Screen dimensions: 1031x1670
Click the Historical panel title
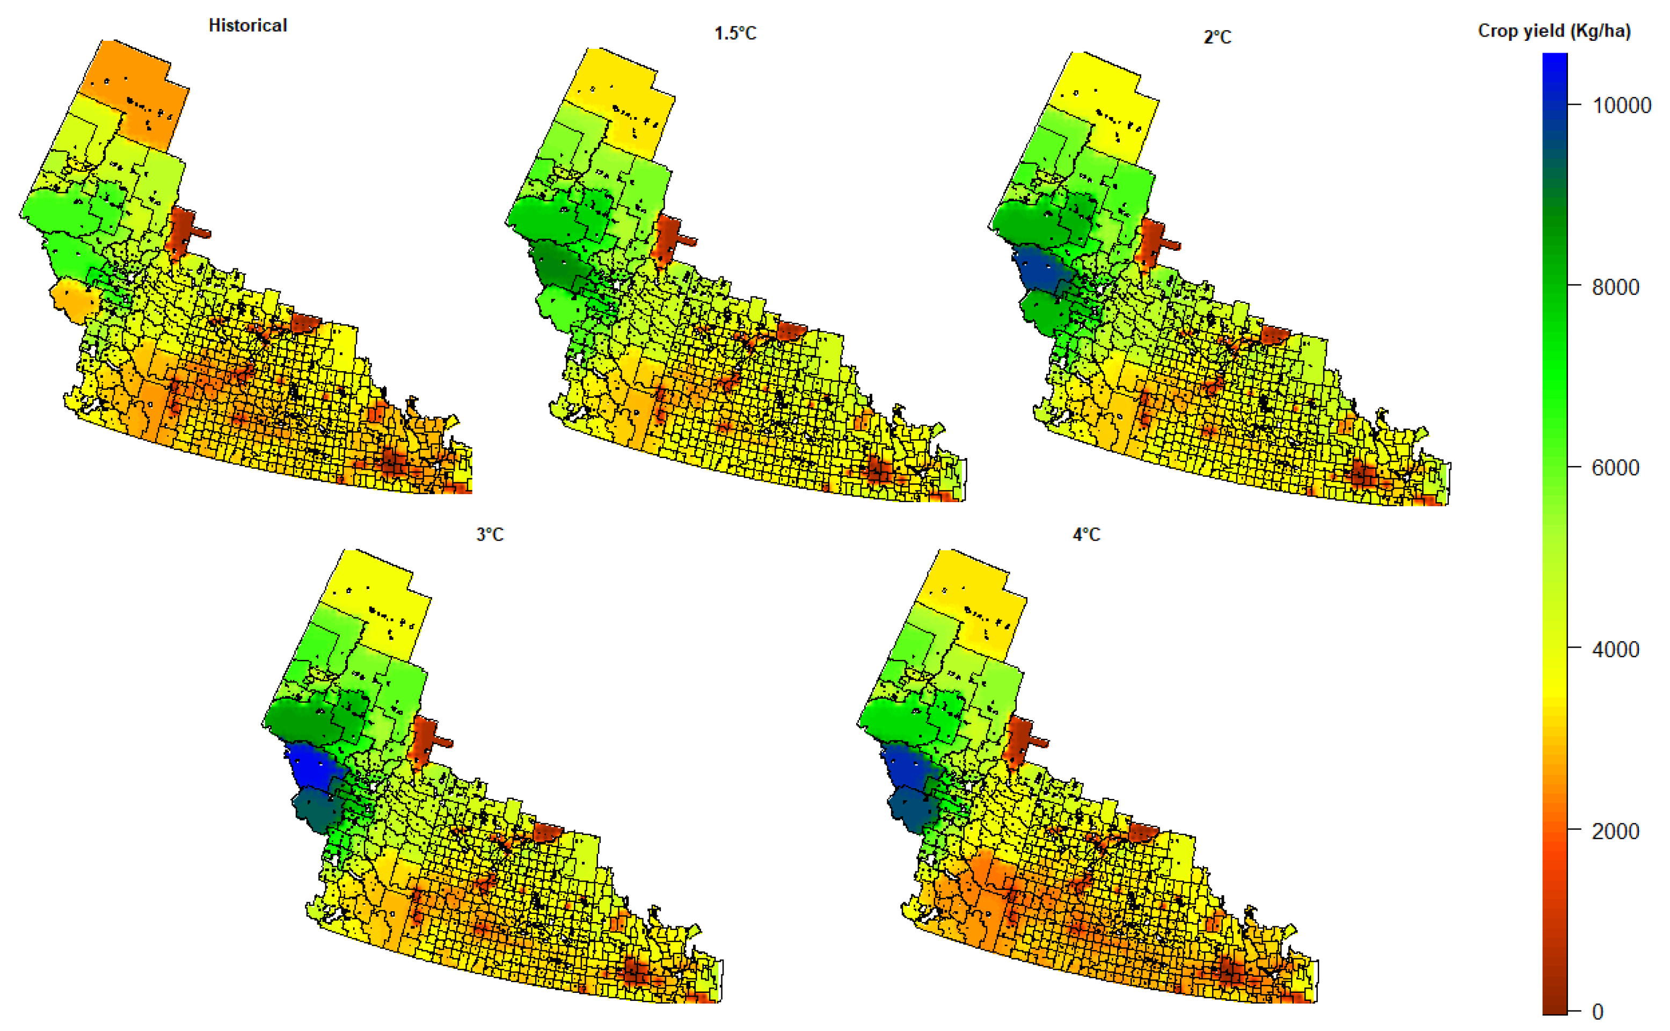[247, 26]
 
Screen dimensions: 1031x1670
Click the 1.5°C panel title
[735, 33]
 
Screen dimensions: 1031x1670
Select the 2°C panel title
[1217, 37]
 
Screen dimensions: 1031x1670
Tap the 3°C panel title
[490, 535]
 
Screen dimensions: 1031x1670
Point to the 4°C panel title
[1086, 535]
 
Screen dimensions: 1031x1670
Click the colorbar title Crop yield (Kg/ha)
[1554, 31]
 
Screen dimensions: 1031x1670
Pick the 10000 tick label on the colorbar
[1621, 106]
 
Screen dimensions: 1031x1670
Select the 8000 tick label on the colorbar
[1615, 287]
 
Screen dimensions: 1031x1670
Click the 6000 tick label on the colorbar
[1615, 468]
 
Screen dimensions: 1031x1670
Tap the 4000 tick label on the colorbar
[1615, 649]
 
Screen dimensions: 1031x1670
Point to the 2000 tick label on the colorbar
[1615, 831]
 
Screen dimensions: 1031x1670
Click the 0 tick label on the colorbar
[1597, 1011]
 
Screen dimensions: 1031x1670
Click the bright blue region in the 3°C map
[312, 767]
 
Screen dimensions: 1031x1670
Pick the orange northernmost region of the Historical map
[136, 89]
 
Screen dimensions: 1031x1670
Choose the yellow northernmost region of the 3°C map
[375, 600]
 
